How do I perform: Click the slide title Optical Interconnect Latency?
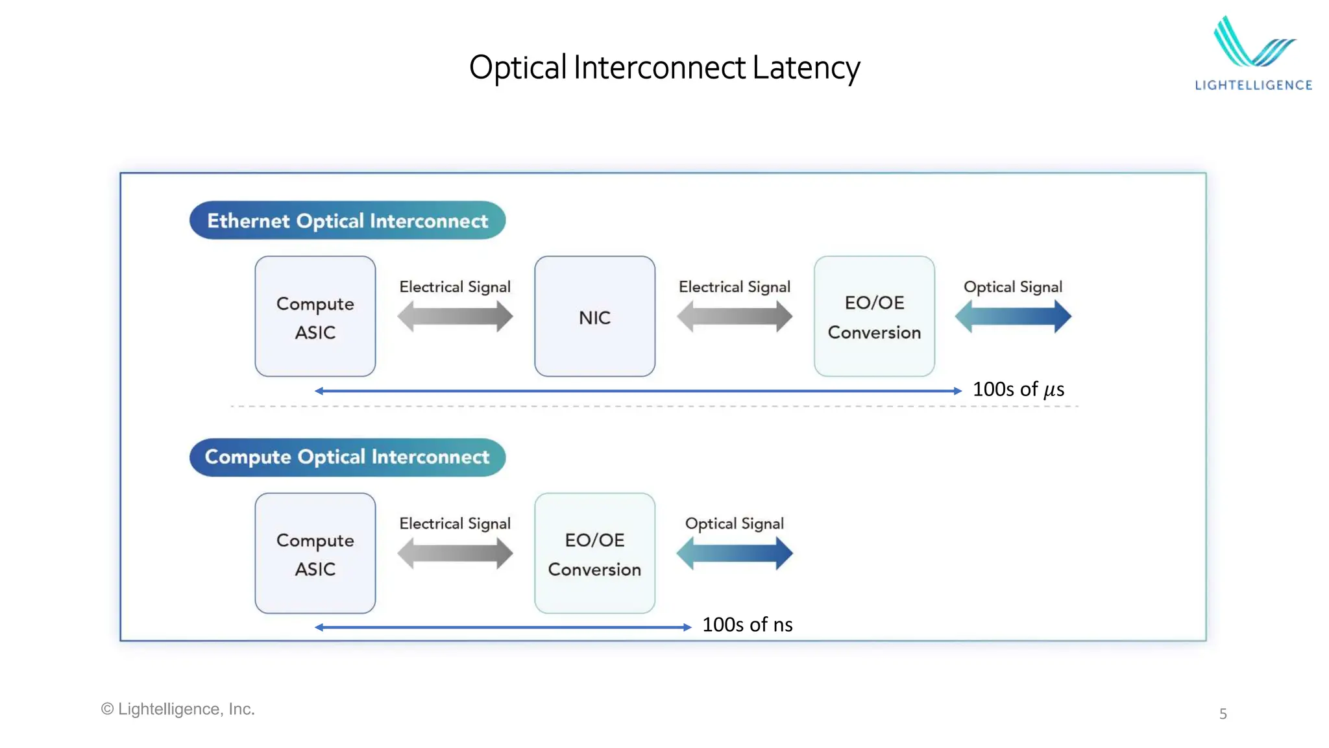point(664,68)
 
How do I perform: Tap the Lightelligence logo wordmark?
point(1253,85)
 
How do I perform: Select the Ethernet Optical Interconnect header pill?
point(347,221)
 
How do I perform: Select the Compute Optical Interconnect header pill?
point(347,457)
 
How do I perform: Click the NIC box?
point(594,317)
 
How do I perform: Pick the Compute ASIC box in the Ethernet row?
point(315,317)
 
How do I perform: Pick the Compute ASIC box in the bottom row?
point(315,553)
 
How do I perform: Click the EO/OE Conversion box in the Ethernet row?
point(874,317)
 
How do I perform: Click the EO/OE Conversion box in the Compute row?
point(594,553)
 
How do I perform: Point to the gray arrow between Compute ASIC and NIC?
point(455,317)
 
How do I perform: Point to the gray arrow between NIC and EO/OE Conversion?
point(735,317)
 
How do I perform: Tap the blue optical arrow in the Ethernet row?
point(1013,317)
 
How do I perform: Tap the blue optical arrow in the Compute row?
point(735,554)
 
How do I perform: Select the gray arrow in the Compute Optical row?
point(455,554)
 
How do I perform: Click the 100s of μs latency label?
point(1018,389)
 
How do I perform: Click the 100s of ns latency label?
point(747,625)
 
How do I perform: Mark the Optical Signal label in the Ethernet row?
point(1012,287)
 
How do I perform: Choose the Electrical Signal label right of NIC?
point(734,287)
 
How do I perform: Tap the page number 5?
point(1223,714)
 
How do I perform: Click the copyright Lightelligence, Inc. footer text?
point(178,709)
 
